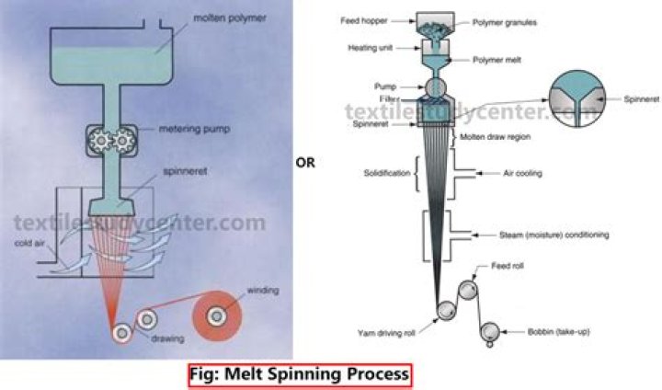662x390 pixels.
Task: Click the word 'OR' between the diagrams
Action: coord(306,161)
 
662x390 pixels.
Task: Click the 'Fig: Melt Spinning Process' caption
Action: coord(300,375)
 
